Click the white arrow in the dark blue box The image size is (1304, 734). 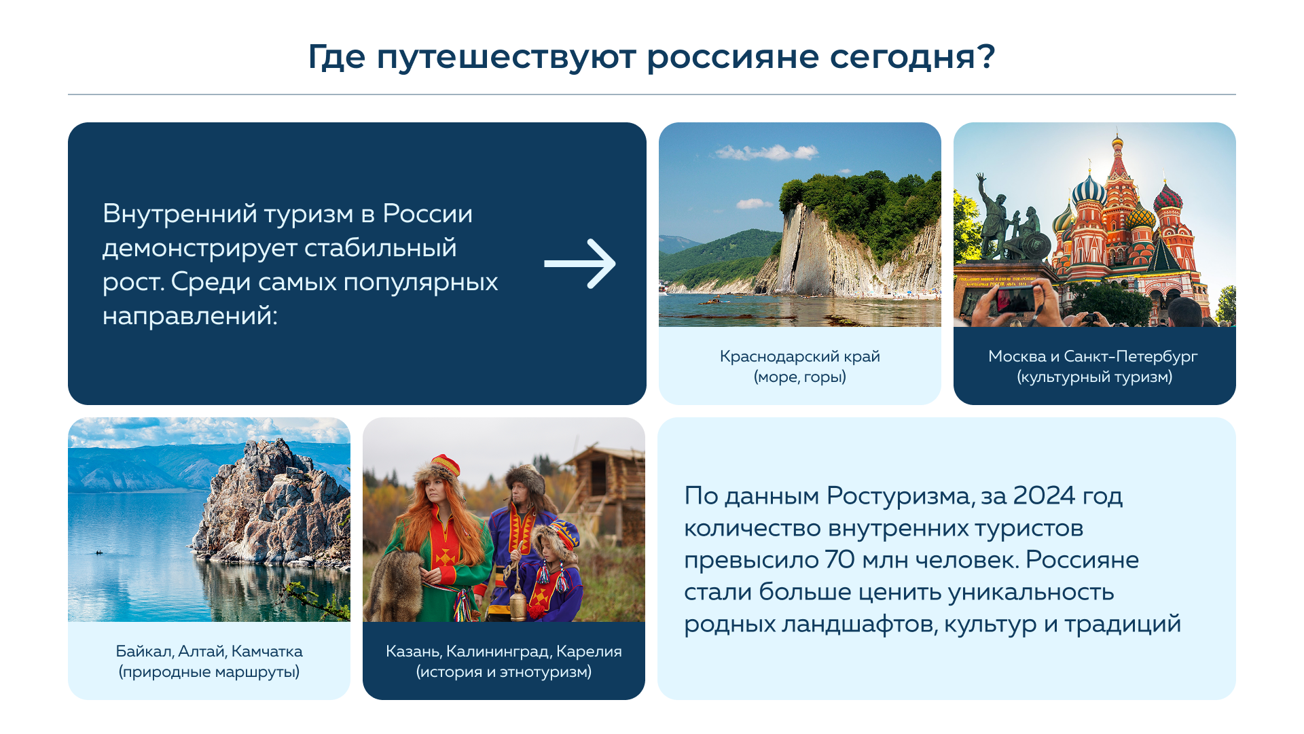pos(580,264)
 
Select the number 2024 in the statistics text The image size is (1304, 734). pos(1044,495)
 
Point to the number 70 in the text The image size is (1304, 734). pos(840,559)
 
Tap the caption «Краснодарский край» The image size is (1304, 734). pos(800,356)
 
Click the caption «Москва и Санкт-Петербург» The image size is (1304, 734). pos(1093,356)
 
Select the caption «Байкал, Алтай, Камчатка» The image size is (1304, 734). pos(209,651)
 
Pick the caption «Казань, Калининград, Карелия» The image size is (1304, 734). pos(504,651)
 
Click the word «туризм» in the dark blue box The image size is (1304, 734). pos(309,215)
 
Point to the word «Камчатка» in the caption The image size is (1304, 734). pos(267,651)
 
